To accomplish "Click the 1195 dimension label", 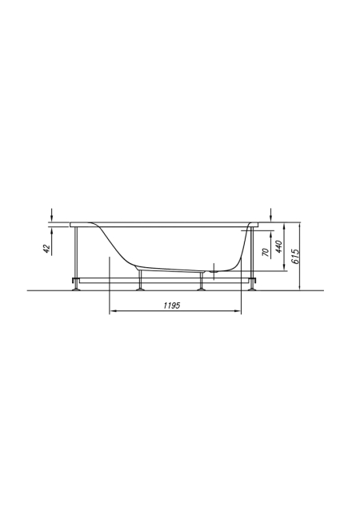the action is (x=172, y=306).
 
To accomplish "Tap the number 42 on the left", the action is (x=47, y=249).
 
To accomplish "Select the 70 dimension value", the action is (x=266, y=253).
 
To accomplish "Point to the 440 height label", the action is (x=278, y=247).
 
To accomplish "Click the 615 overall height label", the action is (x=295, y=257).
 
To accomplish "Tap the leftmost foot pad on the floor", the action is (x=76, y=289).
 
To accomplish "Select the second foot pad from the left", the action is (x=141, y=289).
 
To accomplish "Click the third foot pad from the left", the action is (x=202, y=289).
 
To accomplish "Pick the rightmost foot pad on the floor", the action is (x=252, y=289).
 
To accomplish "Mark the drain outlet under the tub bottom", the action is (x=214, y=270).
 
